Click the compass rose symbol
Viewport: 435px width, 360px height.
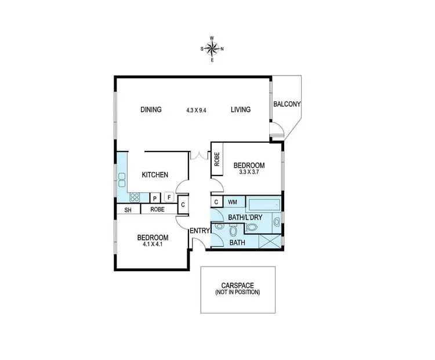[x=212, y=48]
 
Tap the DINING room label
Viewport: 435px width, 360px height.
[x=150, y=110]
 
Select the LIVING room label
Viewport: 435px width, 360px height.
[x=240, y=110]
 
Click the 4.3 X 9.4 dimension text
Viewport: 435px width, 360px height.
[x=197, y=110]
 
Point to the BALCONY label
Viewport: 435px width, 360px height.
[x=287, y=105]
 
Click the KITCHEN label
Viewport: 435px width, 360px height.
[x=155, y=174]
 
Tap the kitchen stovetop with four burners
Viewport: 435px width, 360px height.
[x=135, y=197]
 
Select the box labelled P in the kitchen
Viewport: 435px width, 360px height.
[x=155, y=197]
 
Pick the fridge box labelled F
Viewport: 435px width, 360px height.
[x=169, y=197]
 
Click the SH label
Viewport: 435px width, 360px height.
[x=127, y=209]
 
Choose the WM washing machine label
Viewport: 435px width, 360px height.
[x=233, y=202]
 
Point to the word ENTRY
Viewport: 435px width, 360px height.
[x=199, y=231]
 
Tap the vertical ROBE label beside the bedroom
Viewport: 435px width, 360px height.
[x=217, y=160]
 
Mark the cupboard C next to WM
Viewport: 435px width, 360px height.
[x=216, y=201]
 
